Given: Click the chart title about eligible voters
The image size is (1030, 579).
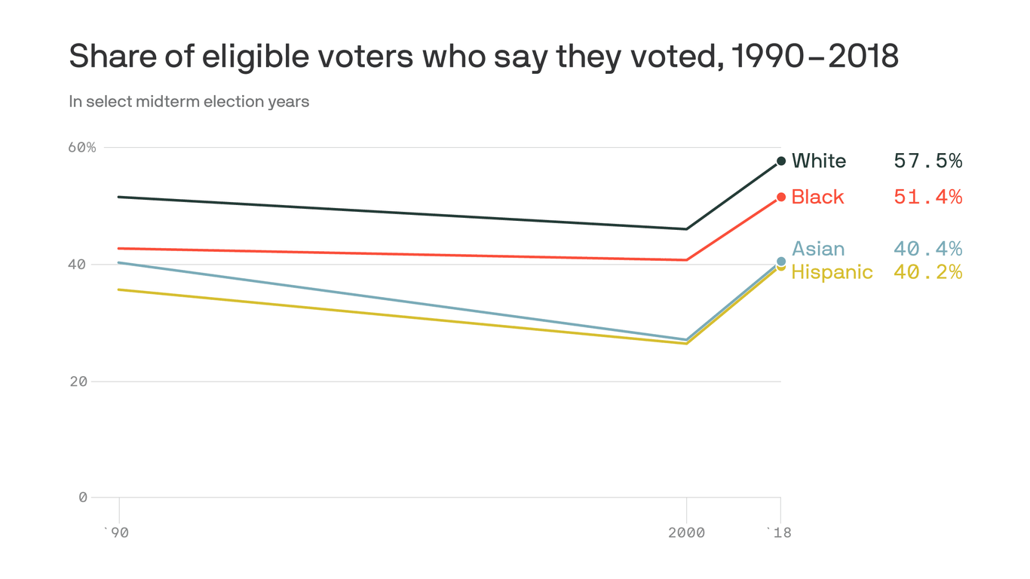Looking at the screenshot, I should (483, 57).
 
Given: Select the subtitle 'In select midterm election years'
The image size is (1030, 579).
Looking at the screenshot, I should (189, 101).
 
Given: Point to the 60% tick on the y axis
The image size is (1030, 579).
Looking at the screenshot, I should (82, 147).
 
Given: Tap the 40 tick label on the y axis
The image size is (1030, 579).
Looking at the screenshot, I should (78, 265).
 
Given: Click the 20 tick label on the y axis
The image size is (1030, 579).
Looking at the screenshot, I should (78, 381).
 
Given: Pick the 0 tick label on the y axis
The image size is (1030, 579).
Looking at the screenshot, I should (83, 498).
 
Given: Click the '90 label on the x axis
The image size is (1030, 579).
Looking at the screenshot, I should (116, 533).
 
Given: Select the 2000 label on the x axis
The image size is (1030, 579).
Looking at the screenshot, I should (686, 533).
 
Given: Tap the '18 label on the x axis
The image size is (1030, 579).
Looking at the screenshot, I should (780, 533).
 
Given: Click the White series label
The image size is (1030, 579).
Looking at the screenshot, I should (819, 161).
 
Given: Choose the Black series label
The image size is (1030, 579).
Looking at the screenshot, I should (818, 198).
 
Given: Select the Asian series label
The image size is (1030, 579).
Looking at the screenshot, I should (818, 250).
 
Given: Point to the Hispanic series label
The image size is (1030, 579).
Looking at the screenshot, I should (832, 272).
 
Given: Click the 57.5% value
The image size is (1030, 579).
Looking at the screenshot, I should (927, 161).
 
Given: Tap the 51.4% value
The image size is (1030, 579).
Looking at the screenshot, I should (927, 198).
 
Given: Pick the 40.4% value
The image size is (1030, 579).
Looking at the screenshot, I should (927, 250).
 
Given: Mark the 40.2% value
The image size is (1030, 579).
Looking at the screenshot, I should (927, 272).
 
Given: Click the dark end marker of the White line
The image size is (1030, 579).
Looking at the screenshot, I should (781, 161).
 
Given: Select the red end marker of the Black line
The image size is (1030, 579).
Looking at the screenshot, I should (781, 197).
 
